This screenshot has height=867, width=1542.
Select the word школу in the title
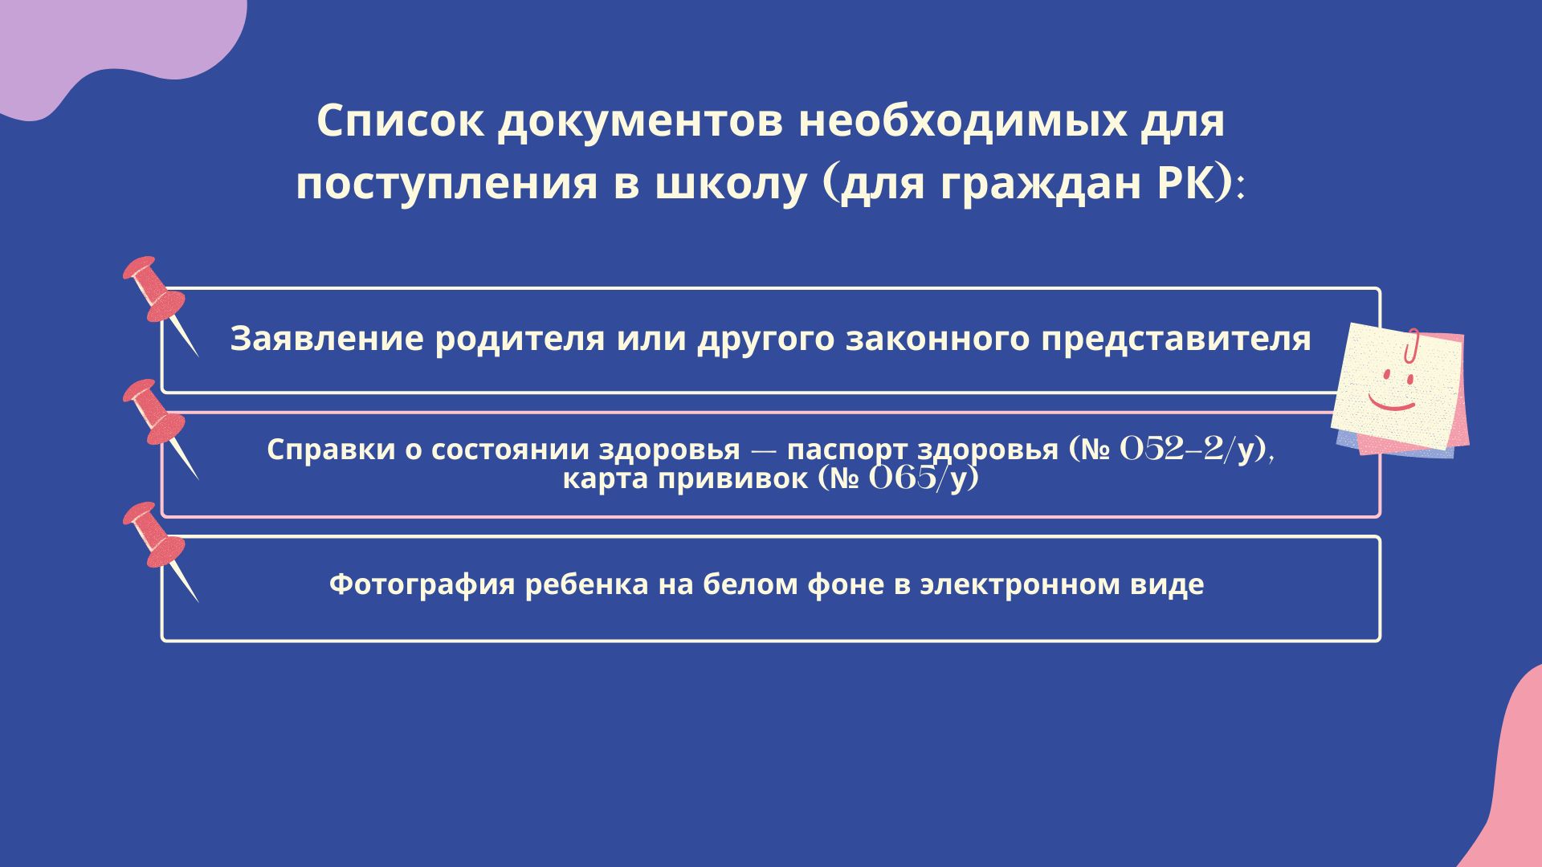729,185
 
